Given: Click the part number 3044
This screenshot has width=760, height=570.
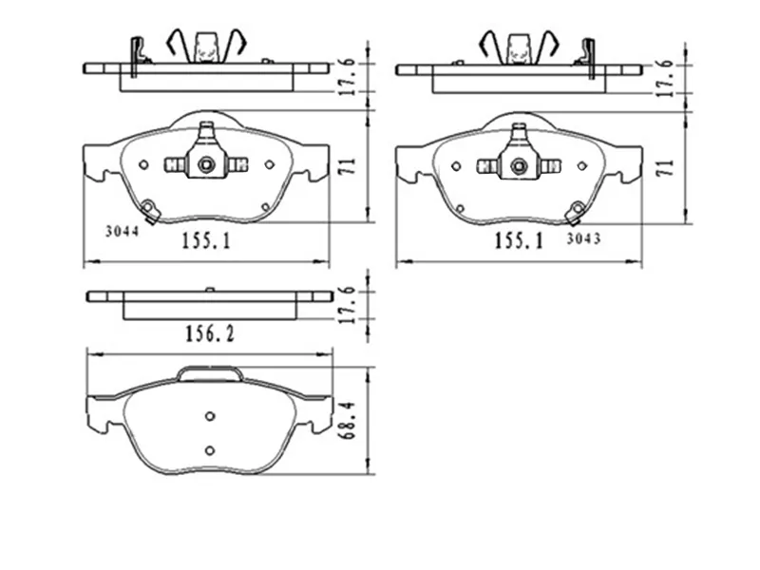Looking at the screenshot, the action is pos(123,231).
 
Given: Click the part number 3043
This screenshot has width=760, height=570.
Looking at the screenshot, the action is pos(583,238).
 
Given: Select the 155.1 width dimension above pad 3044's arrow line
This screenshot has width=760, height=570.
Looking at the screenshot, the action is pos(206,240).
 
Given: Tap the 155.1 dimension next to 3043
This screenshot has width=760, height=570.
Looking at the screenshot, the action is pos(519,240).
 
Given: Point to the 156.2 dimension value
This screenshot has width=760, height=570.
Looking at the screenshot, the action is pos(210,333).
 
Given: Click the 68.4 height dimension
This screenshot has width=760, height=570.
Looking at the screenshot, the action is pos(348,420).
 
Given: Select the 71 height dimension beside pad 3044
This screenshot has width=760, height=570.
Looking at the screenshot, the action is pos(348,166).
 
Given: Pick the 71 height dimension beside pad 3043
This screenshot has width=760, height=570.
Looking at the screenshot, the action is pos(667,167).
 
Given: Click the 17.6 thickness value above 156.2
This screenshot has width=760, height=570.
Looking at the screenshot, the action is pos(348,304).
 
